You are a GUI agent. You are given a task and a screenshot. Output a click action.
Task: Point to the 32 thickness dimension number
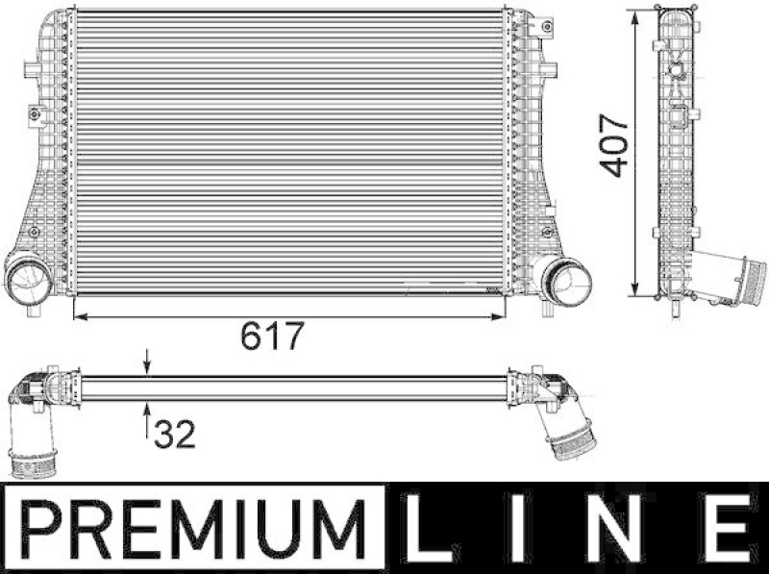pos(174,434)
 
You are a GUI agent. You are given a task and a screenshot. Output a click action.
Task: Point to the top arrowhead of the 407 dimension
pos(636,17)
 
